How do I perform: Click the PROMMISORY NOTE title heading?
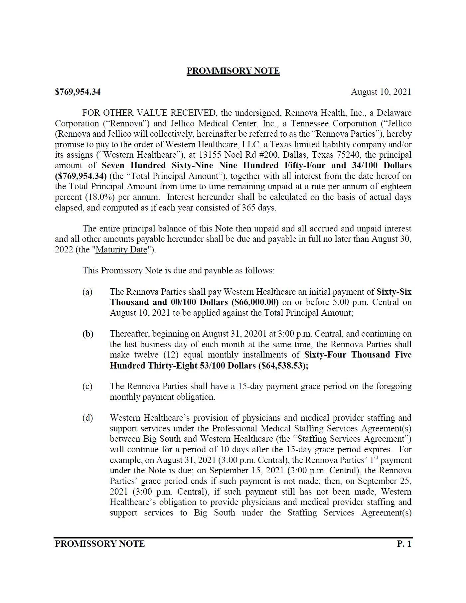(x=233, y=71)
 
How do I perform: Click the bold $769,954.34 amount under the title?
(x=78, y=92)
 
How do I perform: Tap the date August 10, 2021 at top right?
(x=381, y=92)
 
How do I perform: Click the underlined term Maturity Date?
(x=121, y=249)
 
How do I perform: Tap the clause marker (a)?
(x=87, y=292)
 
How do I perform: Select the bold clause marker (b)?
(x=88, y=334)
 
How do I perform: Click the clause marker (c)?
(x=87, y=386)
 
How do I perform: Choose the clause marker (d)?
(x=87, y=418)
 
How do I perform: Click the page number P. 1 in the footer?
(x=404, y=544)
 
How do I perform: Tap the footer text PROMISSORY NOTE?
(x=100, y=544)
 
